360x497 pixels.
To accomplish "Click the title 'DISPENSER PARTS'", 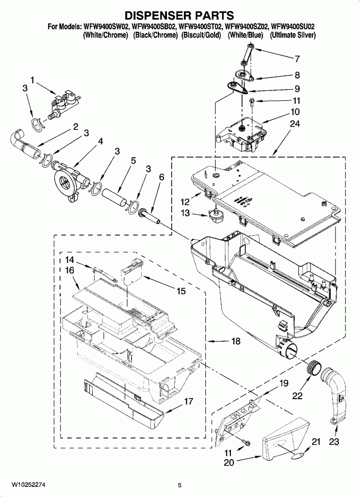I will pos(180,16).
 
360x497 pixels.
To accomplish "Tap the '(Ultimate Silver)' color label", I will pos(292,35).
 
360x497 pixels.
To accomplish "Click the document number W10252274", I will pos(24,485).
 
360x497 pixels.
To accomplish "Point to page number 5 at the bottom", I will pos(180,485).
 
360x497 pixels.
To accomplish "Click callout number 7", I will pos(297,59).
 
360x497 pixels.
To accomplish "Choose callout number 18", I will pos(236,342).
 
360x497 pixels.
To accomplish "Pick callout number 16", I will pos(70,271).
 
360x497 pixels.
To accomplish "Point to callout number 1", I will pos(33,80).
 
